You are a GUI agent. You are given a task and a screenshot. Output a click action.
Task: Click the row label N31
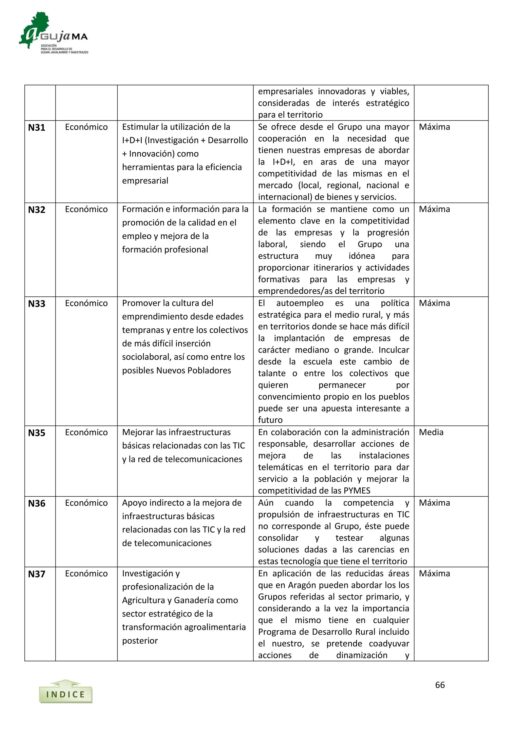point(36,128)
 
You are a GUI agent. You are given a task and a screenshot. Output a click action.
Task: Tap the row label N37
point(36,574)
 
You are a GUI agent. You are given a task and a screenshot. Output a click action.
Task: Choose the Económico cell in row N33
point(86,303)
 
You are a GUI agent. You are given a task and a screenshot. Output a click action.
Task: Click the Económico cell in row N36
point(86,503)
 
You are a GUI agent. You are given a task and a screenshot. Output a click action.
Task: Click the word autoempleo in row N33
point(300,303)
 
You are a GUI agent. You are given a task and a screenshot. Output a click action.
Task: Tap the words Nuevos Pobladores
point(194,370)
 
